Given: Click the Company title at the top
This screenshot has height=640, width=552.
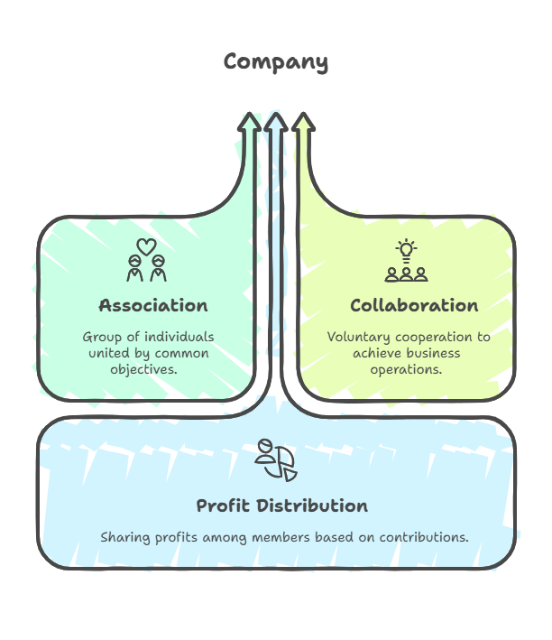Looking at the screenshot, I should point(276,62).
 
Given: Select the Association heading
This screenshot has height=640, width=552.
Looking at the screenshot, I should point(153,305).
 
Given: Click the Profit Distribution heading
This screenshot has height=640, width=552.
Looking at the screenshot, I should point(281,505).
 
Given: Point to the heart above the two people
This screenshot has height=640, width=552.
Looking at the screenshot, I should point(146,246).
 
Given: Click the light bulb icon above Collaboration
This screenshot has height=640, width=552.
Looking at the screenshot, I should point(406,250).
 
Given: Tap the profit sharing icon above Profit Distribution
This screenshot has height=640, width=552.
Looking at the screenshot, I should point(273,459).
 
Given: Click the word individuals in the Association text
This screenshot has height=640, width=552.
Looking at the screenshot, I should point(183,337).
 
